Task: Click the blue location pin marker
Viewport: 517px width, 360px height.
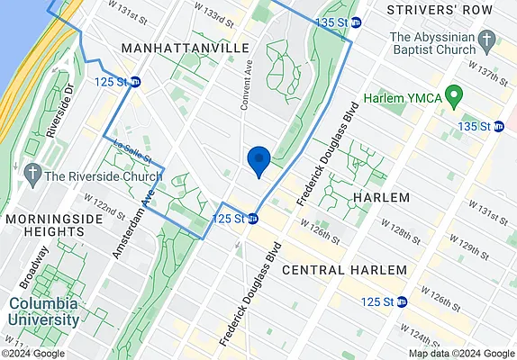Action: tap(258, 161)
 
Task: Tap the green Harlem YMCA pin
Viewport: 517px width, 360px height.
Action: tap(454, 94)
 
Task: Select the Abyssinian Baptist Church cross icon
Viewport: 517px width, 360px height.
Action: tap(487, 41)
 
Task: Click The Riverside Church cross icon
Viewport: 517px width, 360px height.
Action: tap(32, 174)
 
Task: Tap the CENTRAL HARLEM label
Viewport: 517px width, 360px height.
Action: tap(345, 270)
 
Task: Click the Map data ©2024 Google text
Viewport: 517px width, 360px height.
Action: tap(461, 353)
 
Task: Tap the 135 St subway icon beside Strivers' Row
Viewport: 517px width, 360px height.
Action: tap(356, 22)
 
